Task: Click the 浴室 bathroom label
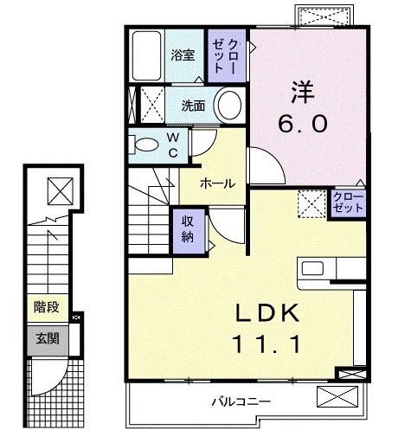click(183, 55)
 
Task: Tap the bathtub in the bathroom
click(146, 55)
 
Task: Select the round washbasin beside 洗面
click(229, 106)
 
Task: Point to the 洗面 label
click(193, 106)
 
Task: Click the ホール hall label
click(218, 183)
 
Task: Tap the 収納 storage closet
click(189, 230)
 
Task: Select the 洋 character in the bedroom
click(302, 92)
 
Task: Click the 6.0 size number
click(303, 124)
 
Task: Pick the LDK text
click(267, 313)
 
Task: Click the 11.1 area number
click(267, 344)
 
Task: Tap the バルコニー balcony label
click(241, 401)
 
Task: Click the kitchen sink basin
click(312, 268)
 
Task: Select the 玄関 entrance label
click(48, 338)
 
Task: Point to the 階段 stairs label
click(47, 307)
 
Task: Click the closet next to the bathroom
click(227, 56)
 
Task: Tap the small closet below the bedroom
click(348, 203)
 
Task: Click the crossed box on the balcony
click(337, 396)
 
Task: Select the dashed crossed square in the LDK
click(311, 203)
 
